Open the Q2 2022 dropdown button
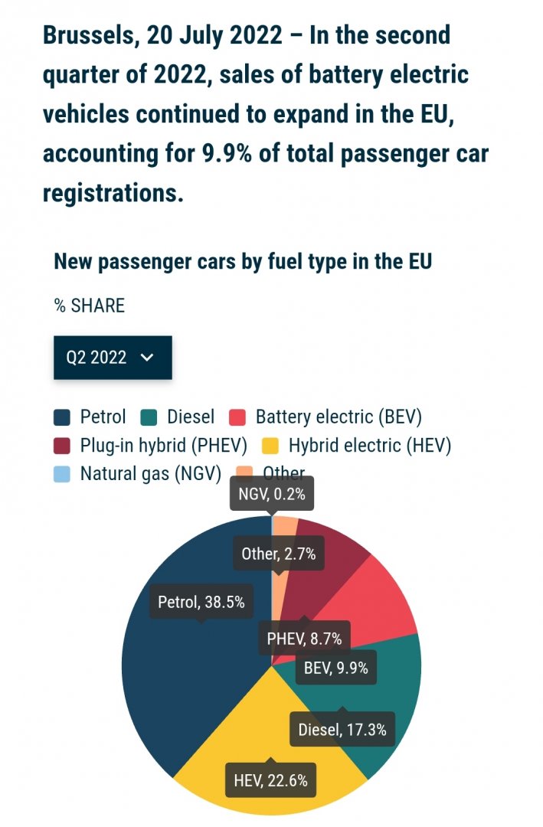click(x=113, y=358)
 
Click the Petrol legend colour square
click(x=62, y=417)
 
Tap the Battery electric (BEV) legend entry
click(x=338, y=417)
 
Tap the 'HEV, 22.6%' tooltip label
click(x=270, y=781)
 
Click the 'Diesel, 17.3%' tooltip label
click(x=342, y=729)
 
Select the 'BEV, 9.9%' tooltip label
click(x=335, y=668)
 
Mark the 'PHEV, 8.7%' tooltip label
click(x=304, y=638)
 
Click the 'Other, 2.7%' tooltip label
click(x=278, y=554)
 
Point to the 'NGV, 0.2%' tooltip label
click(x=271, y=494)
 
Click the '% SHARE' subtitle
click(x=89, y=306)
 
